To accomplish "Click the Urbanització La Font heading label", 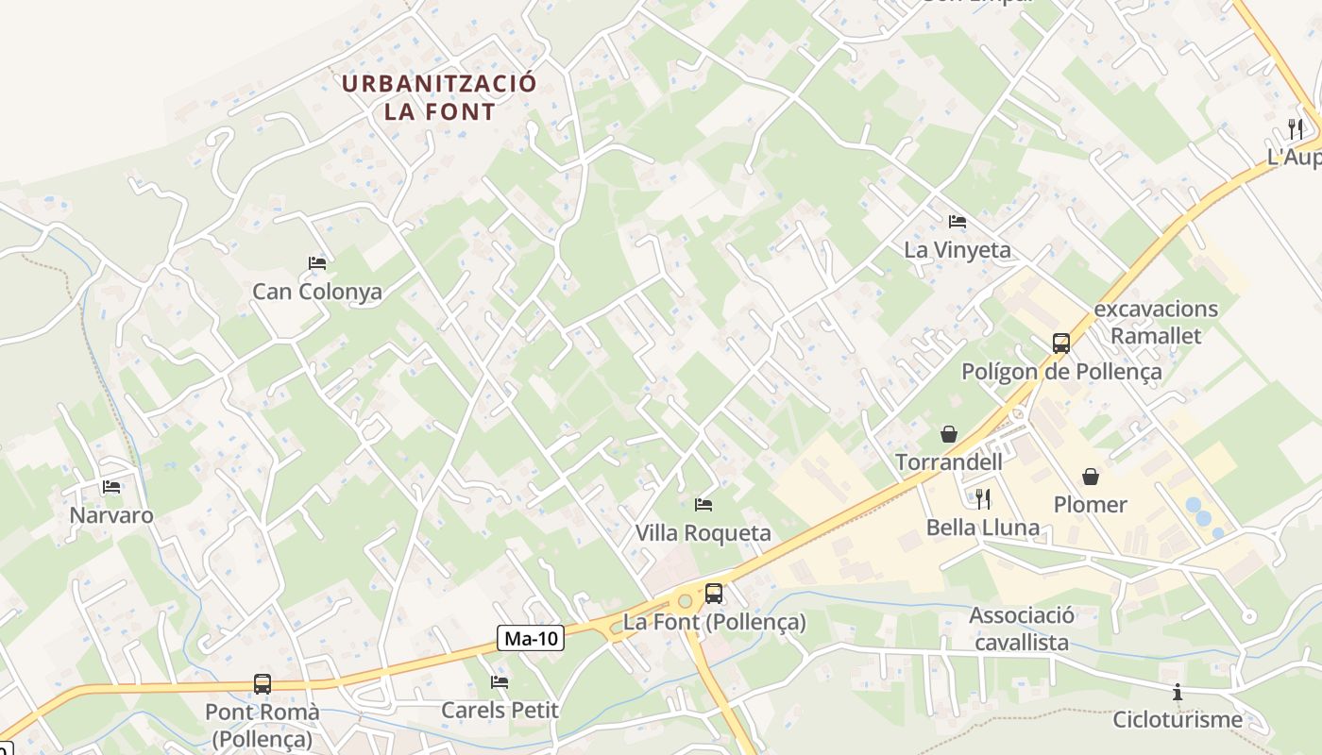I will [x=439, y=97].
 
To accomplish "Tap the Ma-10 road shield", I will [x=531, y=639].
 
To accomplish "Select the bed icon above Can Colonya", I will [x=317, y=263].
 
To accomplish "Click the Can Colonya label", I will [x=317, y=292].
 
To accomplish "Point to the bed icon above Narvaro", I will [x=111, y=487].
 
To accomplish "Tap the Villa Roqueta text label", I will [x=703, y=533].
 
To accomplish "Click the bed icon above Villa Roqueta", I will [x=703, y=505].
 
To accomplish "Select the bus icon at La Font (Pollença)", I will [x=714, y=594].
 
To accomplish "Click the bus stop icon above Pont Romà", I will [x=263, y=684].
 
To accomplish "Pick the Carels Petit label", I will [x=500, y=710].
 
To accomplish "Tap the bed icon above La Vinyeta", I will [x=958, y=222].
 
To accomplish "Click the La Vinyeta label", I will [x=958, y=250].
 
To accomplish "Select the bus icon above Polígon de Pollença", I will [x=1061, y=343].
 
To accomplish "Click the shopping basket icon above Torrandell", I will [x=949, y=434].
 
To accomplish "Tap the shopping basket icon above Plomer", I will [x=1091, y=477].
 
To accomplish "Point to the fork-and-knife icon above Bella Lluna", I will [x=983, y=498].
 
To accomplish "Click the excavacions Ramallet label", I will [x=1156, y=322].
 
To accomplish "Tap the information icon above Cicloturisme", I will [x=1178, y=693].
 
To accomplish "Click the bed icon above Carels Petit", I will [x=500, y=682].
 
